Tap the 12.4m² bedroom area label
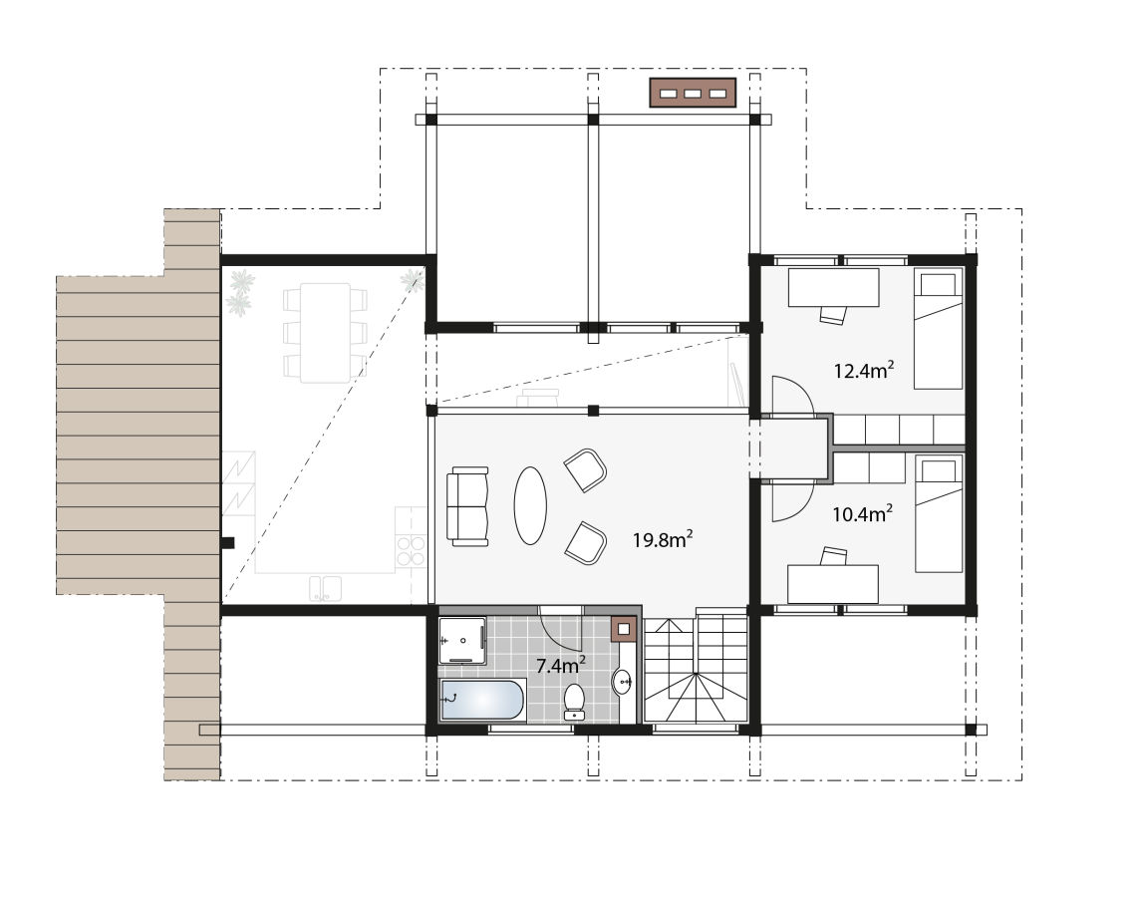click(864, 370)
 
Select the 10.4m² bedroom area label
click(862, 513)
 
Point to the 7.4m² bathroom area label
click(561, 665)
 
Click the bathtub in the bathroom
click(481, 700)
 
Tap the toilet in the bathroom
click(575, 701)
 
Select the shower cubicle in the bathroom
click(462, 641)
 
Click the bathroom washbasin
click(623, 681)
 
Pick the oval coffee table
click(530, 505)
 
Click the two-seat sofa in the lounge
click(467, 506)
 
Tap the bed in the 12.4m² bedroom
click(939, 329)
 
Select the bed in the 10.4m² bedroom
click(939, 513)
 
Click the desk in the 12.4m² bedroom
click(833, 288)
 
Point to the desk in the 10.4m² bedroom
click(833, 584)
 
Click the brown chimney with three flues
click(693, 93)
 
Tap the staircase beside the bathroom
click(697, 667)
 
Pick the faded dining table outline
click(325, 333)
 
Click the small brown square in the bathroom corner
click(624, 629)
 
